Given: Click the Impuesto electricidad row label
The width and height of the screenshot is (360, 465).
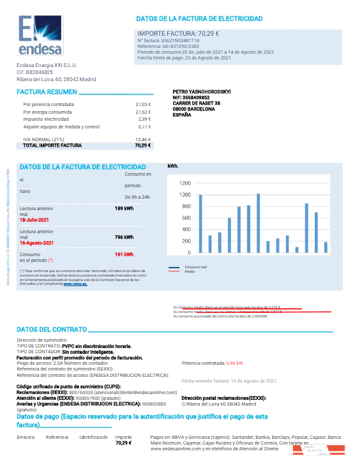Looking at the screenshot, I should [46, 119].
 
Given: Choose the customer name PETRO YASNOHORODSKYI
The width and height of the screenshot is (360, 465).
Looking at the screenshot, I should [202, 92].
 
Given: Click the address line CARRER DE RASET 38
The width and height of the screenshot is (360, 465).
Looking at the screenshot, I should [197, 103].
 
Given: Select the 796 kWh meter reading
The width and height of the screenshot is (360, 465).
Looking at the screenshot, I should [124, 237].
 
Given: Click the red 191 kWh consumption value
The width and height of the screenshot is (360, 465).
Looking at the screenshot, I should [124, 254].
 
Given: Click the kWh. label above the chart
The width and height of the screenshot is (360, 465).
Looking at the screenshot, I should [174, 166].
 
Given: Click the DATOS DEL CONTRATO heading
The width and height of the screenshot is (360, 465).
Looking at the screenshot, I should [51, 329].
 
